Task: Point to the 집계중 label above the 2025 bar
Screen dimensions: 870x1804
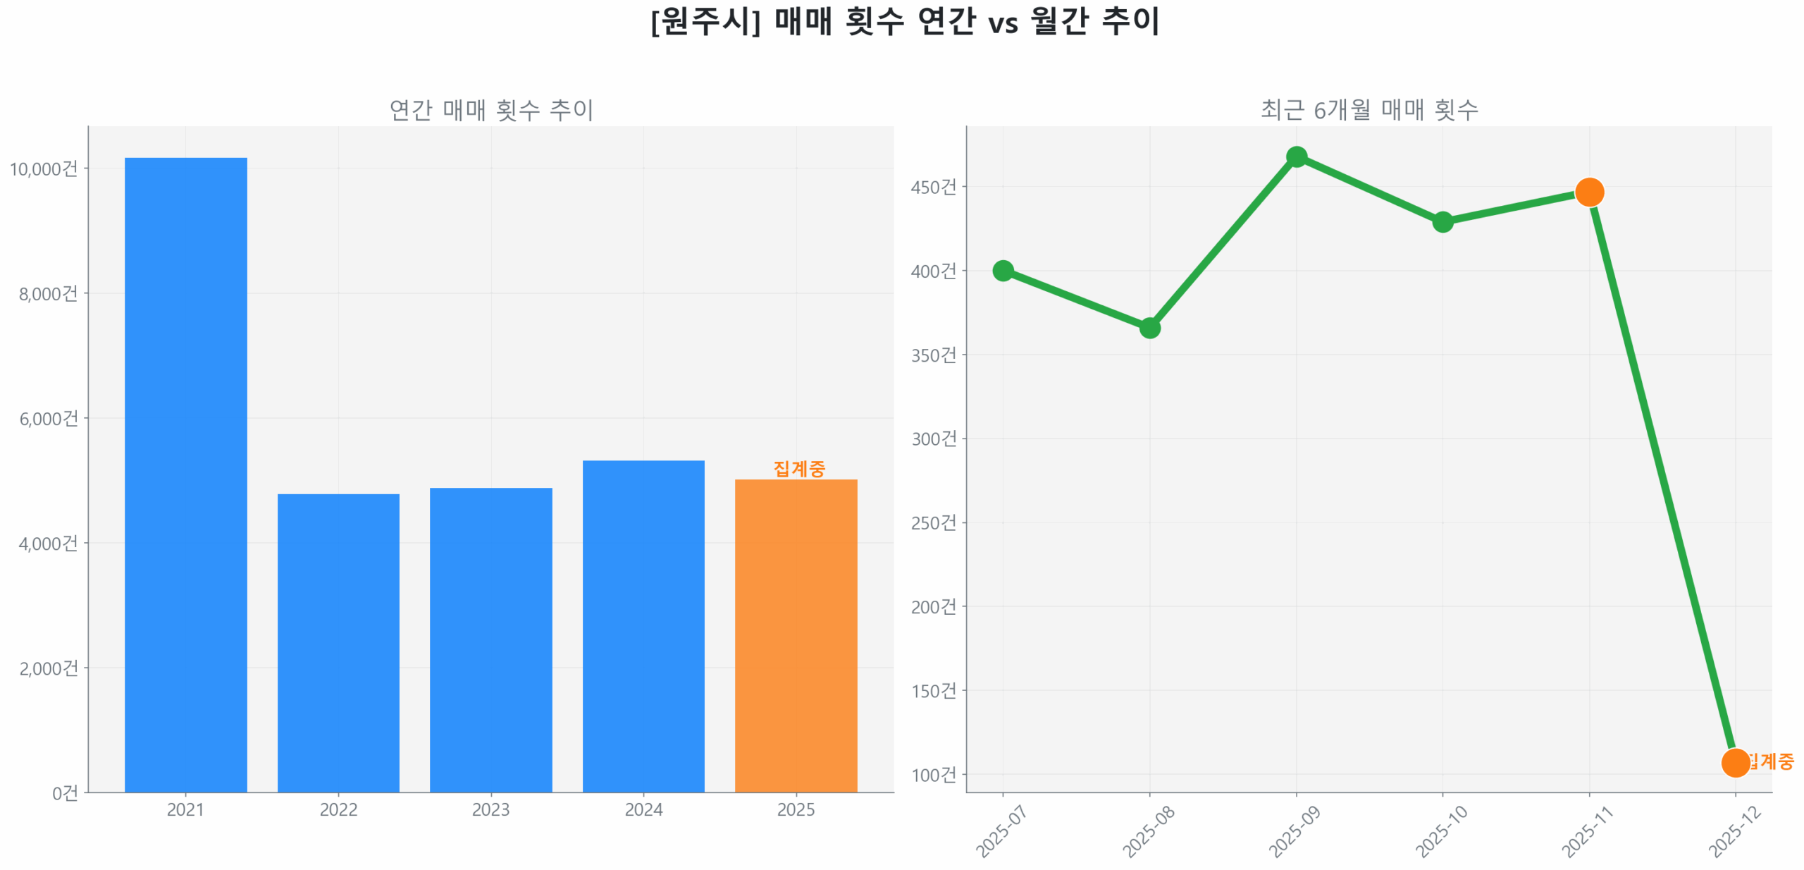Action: [x=798, y=468]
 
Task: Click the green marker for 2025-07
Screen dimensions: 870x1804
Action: [x=1002, y=270]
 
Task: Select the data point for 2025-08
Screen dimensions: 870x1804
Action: [x=1149, y=327]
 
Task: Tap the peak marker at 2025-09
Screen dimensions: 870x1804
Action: [x=1296, y=157]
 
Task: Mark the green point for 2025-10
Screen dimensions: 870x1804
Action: [x=1442, y=221]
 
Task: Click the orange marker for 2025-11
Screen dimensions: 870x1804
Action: [x=1588, y=192]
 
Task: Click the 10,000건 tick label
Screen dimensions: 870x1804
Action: [x=43, y=169]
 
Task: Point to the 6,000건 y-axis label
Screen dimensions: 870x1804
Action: [x=48, y=418]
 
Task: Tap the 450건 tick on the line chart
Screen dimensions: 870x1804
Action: [x=933, y=187]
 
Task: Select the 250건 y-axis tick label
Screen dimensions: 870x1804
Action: [x=933, y=522]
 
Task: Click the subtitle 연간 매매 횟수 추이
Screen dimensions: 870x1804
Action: [x=490, y=109]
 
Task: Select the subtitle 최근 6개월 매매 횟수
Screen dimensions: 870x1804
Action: [x=1369, y=109]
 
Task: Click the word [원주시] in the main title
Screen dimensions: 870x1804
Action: [x=705, y=21]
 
